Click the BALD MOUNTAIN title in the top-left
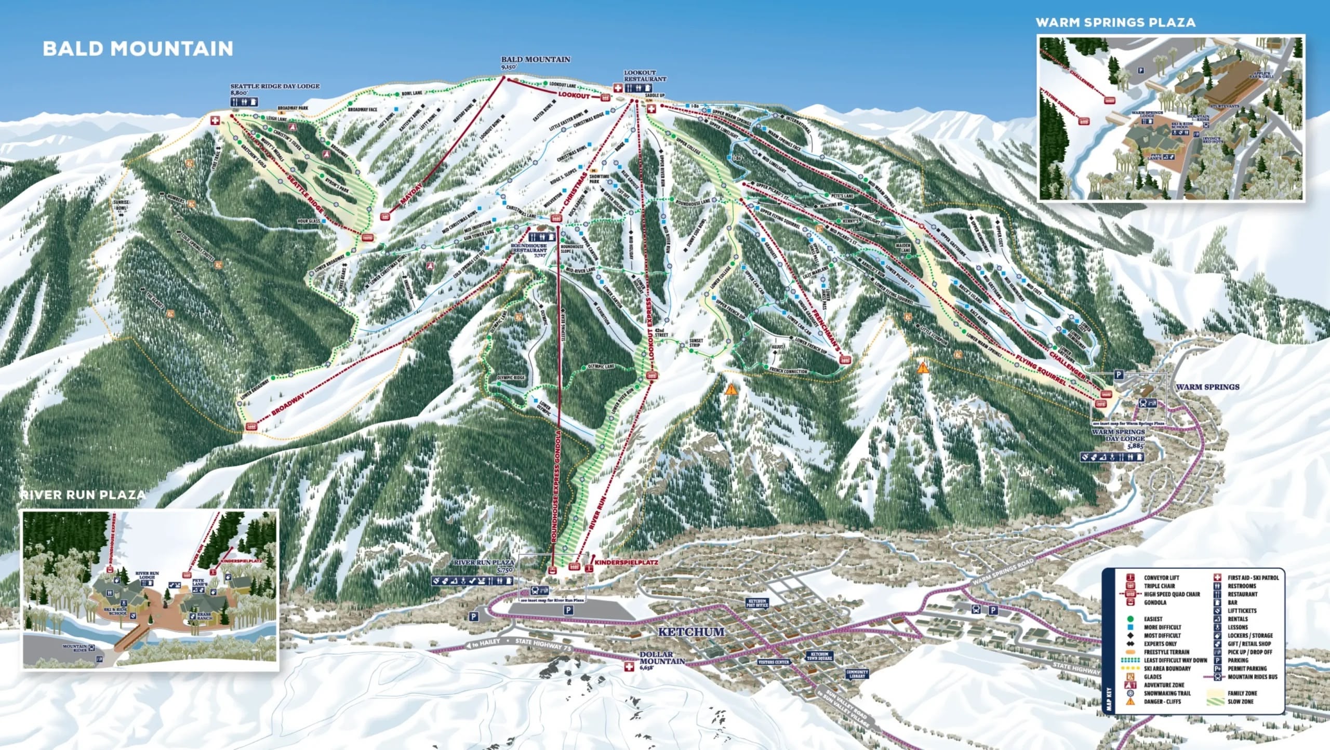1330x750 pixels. point(138,48)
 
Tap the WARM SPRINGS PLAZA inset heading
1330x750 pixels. point(1115,22)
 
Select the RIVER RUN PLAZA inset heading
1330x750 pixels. point(83,494)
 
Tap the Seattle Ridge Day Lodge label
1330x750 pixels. point(275,86)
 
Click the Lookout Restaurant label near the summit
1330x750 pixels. point(645,76)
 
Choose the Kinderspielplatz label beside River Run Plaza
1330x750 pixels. point(626,562)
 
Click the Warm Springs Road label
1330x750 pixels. point(1002,571)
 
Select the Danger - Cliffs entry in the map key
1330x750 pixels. point(1162,702)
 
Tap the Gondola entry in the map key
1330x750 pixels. point(1155,602)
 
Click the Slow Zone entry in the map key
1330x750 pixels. point(1241,702)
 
